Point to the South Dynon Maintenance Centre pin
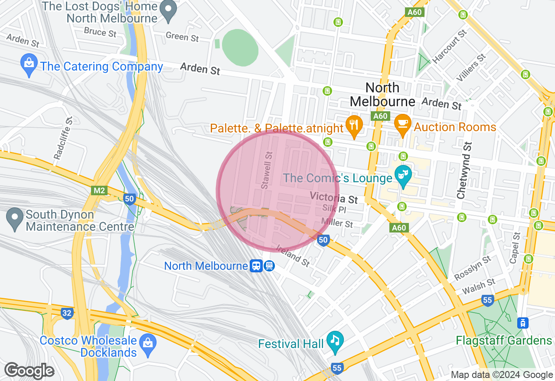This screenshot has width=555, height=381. [15, 219]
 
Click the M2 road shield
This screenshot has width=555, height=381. [99, 190]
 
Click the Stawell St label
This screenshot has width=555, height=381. [267, 170]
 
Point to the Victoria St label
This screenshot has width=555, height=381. [334, 198]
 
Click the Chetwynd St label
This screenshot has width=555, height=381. [464, 170]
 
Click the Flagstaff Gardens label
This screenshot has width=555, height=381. [503, 340]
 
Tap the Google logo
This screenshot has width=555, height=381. [29, 371]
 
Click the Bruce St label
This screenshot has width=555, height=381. [101, 32]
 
